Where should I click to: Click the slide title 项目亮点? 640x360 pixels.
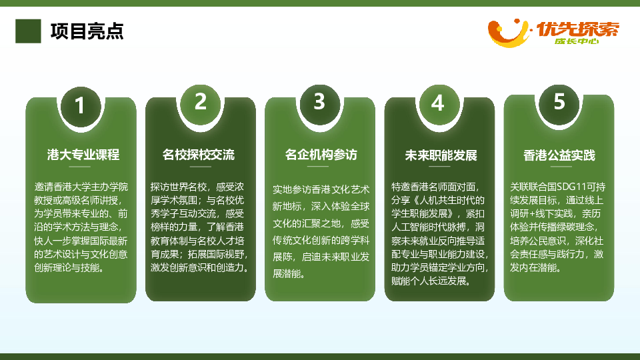[x=87, y=31]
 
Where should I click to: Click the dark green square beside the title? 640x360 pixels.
[x=28, y=31]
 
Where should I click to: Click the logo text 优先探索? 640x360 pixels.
[x=577, y=29]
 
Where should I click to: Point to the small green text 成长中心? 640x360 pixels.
[x=577, y=41]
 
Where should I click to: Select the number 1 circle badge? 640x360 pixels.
[x=81, y=107]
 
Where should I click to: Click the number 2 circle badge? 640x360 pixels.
[x=200, y=105]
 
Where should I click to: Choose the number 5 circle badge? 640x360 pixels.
[x=559, y=104]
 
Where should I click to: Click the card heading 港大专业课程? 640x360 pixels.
[x=83, y=155]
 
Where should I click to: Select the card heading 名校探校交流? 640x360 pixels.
[x=199, y=155]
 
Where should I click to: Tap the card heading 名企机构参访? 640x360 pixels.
[x=321, y=155]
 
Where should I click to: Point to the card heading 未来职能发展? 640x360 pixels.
[x=441, y=155]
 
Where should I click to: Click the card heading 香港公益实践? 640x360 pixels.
[x=559, y=155]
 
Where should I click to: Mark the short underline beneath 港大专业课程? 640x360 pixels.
[x=79, y=167]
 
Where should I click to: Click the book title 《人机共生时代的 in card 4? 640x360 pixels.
[x=449, y=201]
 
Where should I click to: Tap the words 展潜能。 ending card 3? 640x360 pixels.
[x=289, y=274]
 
